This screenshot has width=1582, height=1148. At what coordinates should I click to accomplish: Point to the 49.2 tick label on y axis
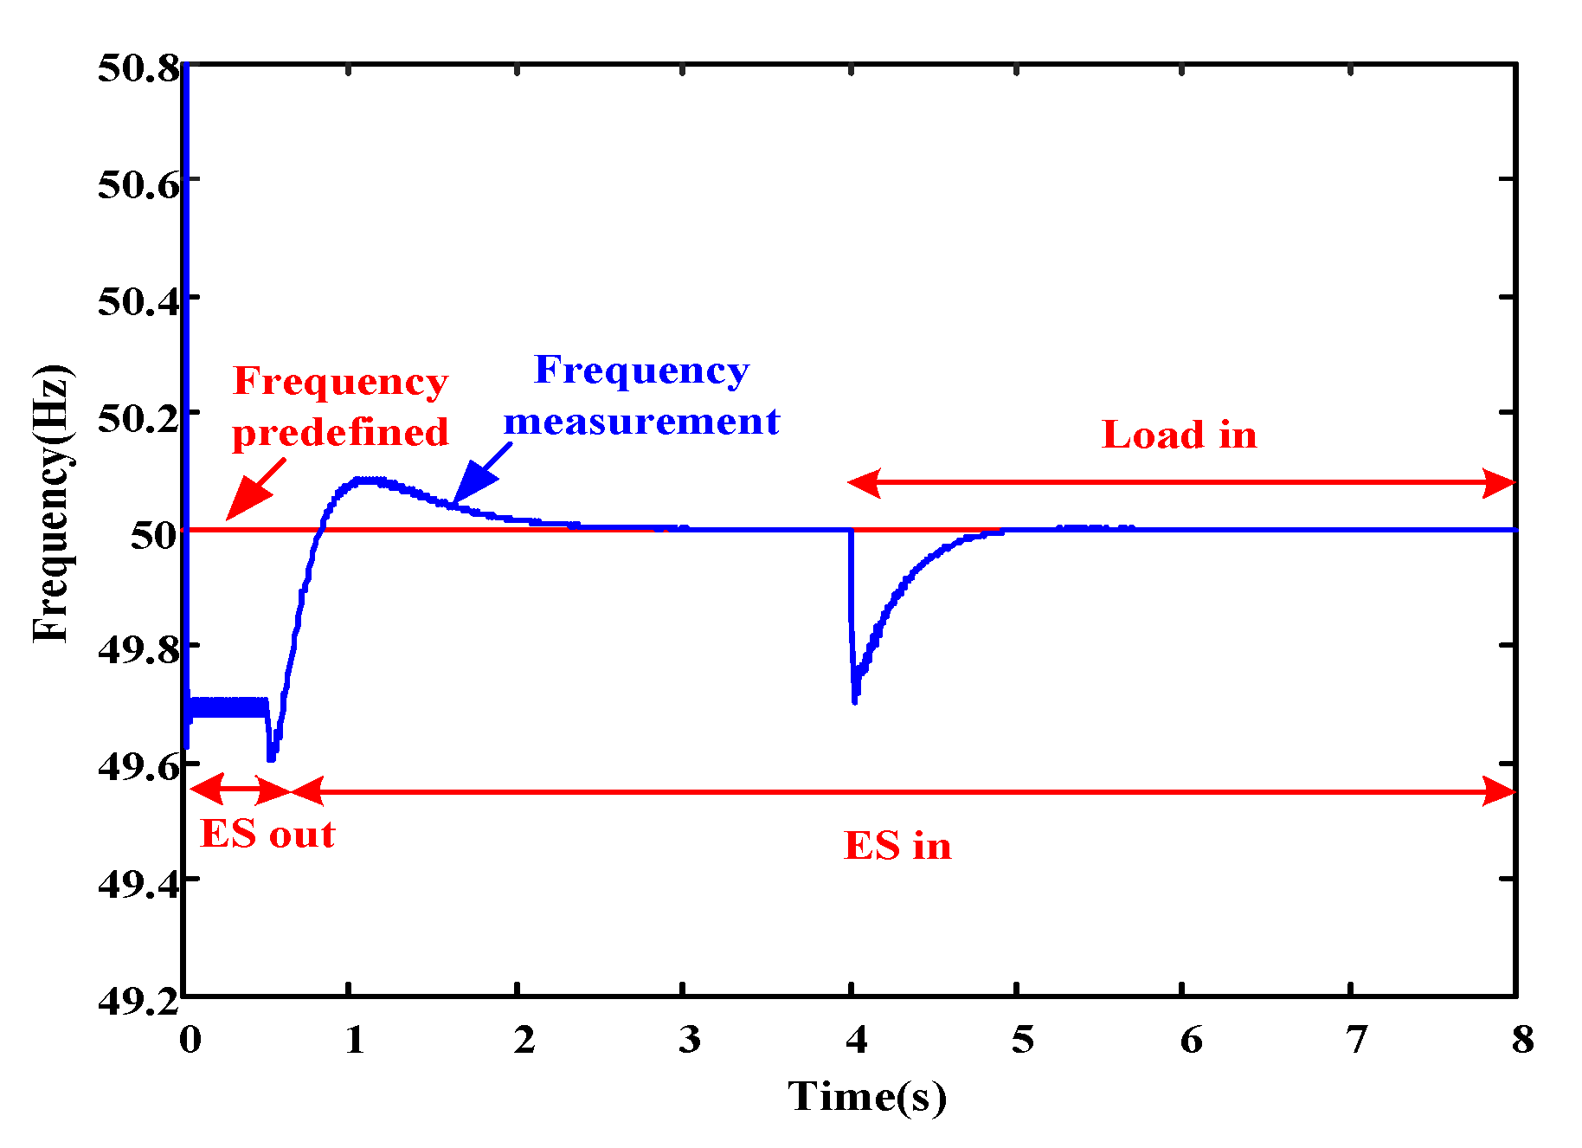(x=138, y=1000)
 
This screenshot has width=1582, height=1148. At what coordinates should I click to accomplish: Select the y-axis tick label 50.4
(x=138, y=301)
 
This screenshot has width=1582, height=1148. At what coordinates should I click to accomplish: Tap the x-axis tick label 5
(x=1022, y=1040)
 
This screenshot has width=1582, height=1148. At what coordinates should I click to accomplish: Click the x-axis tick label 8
(x=1522, y=1040)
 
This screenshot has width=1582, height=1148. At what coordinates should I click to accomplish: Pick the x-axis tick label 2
(x=524, y=1040)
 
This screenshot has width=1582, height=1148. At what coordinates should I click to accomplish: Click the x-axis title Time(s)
(x=866, y=1097)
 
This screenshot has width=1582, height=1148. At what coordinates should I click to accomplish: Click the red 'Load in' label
(x=1179, y=435)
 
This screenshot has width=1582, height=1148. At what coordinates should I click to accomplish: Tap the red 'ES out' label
(x=267, y=835)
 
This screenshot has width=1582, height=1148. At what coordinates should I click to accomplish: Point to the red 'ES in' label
(x=897, y=846)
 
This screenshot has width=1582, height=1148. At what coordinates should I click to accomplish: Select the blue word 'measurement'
(x=641, y=422)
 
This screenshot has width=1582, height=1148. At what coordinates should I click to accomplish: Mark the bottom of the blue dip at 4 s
(x=854, y=700)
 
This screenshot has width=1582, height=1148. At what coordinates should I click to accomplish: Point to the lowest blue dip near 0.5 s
(x=272, y=758)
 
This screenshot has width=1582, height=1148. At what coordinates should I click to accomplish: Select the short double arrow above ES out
(x=240, y=790)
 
